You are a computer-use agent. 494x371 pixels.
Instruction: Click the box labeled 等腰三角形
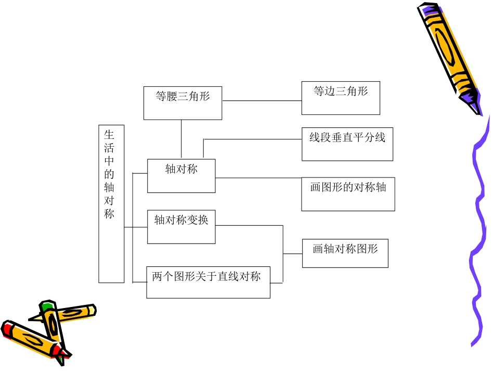[x=183, y=103]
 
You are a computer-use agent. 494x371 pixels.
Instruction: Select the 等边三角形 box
[x=341, y=98]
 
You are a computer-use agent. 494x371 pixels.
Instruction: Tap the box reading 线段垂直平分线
[x=347, y=144]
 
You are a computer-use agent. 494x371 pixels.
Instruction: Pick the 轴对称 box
[x=181, y=176]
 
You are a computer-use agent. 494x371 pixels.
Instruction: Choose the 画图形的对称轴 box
[x=348, y=194]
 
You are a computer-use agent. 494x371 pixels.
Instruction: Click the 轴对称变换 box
[x=181, y=227]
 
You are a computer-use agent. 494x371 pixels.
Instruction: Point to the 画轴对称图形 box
[x=345, y=253]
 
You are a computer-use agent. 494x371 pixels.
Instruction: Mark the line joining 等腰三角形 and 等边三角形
[x=262, y=100]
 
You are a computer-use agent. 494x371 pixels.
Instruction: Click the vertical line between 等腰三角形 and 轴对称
[x=181, y=138]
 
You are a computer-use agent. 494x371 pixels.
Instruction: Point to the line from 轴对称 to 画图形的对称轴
[x=258, y=178]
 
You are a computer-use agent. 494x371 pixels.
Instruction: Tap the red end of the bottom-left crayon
[x=8, y=329]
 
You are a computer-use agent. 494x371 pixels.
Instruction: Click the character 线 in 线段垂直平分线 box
[x=314, y=138]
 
